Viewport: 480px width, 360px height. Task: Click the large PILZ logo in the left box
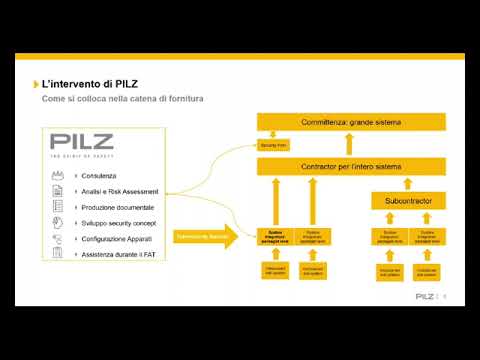[x=82, y=143]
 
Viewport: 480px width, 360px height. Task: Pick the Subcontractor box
[x=408, y=201]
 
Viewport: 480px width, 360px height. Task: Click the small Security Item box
[x=273, y=145]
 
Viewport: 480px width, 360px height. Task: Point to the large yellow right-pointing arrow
[x=206, y=236]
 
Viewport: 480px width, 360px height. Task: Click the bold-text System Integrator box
[x=274, y=237]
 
